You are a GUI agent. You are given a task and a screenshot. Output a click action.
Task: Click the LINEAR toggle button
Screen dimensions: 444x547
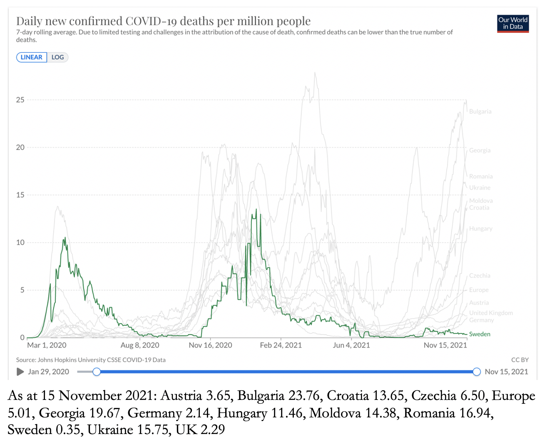(32, 57)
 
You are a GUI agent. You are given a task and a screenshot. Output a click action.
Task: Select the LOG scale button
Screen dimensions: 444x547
(57, 57)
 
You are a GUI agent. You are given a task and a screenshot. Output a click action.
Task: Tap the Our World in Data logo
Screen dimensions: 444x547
(513, 24)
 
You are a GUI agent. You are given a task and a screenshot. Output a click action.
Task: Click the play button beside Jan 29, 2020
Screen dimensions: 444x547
(20, 372)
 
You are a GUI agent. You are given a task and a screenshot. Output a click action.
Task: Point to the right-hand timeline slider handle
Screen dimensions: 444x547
(477, 372)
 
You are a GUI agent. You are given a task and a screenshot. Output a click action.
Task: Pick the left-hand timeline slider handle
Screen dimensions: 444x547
(97, 372)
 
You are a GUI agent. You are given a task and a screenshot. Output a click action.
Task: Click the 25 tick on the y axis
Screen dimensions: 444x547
(20, 100)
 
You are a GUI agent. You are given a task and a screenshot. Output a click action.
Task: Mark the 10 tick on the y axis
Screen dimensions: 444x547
(20, 242)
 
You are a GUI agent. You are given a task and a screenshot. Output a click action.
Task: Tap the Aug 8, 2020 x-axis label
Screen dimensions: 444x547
(140, 345)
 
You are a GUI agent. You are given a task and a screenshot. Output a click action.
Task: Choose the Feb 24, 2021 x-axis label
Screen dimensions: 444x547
(281, 345)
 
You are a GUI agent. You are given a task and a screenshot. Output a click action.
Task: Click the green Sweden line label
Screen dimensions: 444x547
(480, 334)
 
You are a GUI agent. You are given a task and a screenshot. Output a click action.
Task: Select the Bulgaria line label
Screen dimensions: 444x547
(480, 111)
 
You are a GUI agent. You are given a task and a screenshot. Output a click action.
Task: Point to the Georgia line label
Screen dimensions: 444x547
(480, 150)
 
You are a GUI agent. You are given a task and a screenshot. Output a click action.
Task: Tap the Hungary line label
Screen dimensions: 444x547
(481, 229)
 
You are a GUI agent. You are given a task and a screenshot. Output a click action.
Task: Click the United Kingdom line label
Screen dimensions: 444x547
(491, 313)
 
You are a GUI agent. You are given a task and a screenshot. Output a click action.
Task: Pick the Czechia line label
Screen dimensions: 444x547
(480, 276)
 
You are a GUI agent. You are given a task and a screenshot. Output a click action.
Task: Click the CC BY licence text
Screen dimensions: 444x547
(520, 360)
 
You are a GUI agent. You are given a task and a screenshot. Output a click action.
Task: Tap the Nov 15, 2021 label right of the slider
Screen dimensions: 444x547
(506, 372)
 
